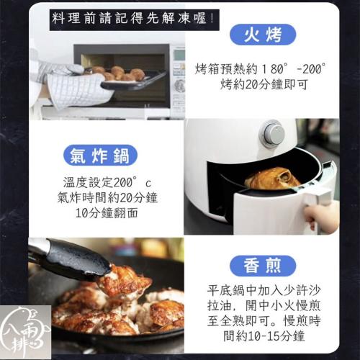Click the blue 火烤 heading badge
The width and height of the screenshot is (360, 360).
pos(263,35)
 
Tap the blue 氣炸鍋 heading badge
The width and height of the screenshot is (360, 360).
pos(100,156)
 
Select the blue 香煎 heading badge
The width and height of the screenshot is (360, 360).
pos(263,266)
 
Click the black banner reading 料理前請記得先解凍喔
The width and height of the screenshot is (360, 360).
pos(135,19)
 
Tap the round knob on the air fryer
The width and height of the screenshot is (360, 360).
pos(272,133)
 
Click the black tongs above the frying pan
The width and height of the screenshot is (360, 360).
pos(70,259)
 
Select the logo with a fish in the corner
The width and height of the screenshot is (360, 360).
pos(25,333)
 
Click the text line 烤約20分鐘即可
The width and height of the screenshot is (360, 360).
pos(264,84)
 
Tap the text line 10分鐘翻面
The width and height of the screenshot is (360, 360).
pos(107,212)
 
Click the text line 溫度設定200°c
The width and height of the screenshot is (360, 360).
pos(107,182)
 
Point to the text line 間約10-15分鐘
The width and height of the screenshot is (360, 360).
pos(264,336)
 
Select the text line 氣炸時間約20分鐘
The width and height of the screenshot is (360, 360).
pos(107,197)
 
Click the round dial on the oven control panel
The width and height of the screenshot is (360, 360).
pos(179,86)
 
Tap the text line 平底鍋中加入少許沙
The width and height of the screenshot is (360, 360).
pos(264,290)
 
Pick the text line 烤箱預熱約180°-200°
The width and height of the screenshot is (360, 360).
pos(261,69)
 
